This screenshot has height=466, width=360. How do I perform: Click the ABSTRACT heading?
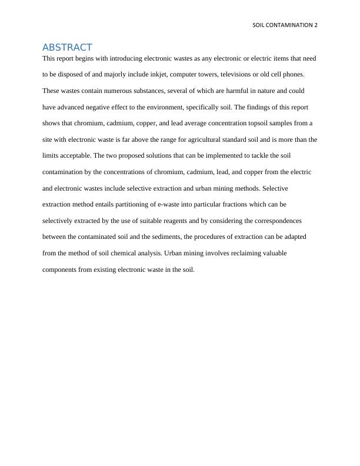[67, 47]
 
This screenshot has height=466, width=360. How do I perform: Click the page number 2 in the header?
[316, 25]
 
